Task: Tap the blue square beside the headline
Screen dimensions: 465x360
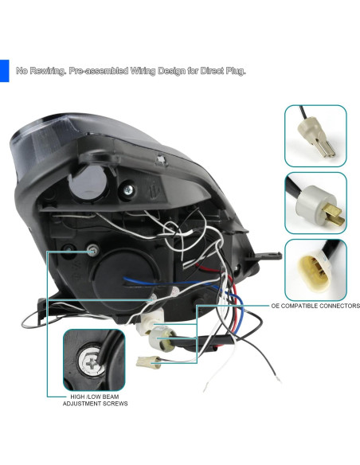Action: pos(4,70)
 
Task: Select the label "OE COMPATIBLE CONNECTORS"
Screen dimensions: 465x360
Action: pos(315,306)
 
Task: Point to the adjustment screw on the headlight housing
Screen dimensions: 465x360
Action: pos(94,252)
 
